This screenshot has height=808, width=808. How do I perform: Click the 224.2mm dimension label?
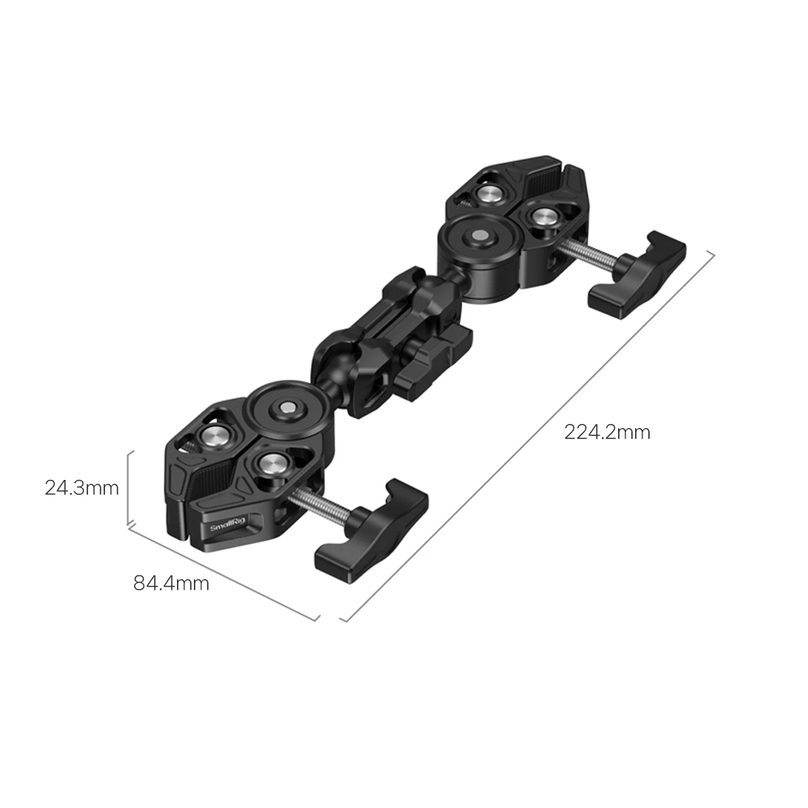[607, 431]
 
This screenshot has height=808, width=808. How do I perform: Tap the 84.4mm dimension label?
[171, 583]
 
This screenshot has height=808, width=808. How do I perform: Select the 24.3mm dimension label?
[82, 487]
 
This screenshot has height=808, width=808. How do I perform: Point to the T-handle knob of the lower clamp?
[372, 531]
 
